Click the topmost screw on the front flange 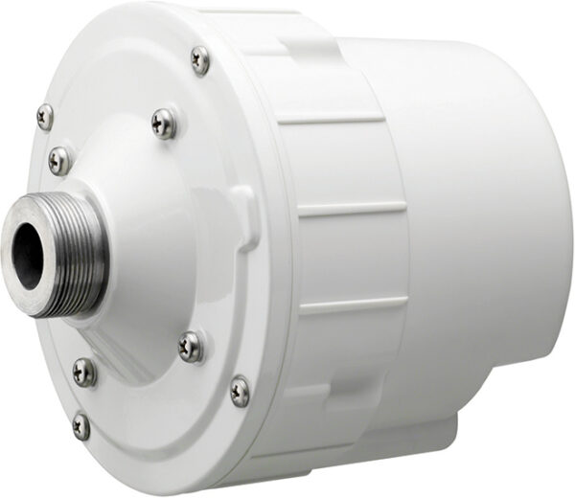(x=199, y=59)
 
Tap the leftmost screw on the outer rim (x=45, y=116)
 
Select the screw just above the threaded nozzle (x=59, y=159)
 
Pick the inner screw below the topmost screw (x=164, y=122)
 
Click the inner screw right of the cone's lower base (x=191, y=346)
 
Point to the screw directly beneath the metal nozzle (x=84, y=372)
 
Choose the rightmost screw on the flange (x=241, y=390)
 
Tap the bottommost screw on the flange (x=81, y=426)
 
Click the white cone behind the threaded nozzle (x=153, y=239)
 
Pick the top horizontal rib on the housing (x=331, y=120)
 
